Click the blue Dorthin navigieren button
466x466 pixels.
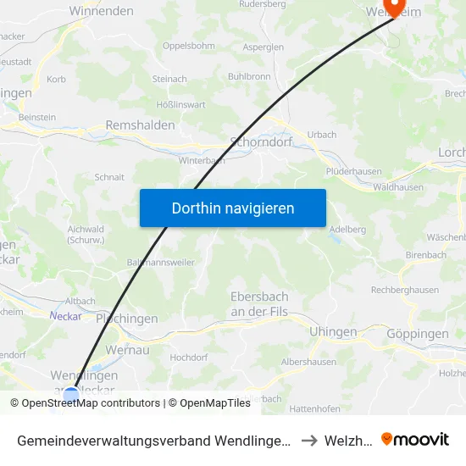pyautogui.click(x=233, y=208)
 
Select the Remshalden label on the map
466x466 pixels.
pyautogui.click(x=140, y=125)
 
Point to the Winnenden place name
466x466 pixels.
pyautogui.click(x=101, y=11)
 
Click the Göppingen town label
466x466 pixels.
pyautogui.click(x=417, y=334)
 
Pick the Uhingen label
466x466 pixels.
pyautogui.click(x=333, y=332)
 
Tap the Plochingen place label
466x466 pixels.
pyautogui.click(x=127, y=319)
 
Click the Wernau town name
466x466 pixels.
pyautogui.click(x=127, y=349)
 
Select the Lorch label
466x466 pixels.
pyautogui.click(x=451, y=153)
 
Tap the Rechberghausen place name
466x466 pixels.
pyautogui.click(x=405, y=291)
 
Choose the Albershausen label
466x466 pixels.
pyautogui.click(x=308, y=362)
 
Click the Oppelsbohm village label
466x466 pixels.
pyautogui.click(x=188, y=46)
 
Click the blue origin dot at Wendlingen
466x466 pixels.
pyautogui.click(x=71, y=394)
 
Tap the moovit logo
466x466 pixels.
pyautogui.click(x=415, y=439)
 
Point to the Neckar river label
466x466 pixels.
pyautogui.click(x=65, y=316)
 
